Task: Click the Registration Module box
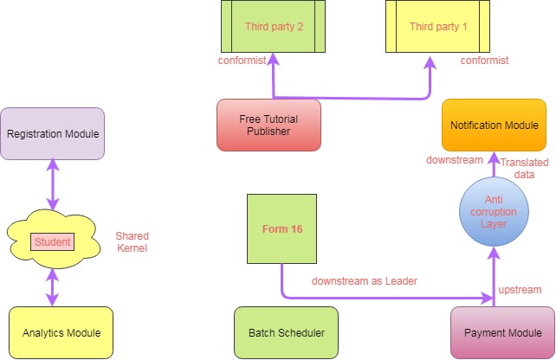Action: pos(53,133)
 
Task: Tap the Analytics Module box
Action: pos(61,332)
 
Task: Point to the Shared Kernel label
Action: pos(133,241)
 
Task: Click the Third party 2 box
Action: pos(274,27)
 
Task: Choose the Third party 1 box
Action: pos(438,27)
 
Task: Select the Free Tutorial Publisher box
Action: pos(268,125)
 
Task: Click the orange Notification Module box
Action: pos(494,125)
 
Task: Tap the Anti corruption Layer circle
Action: pos(494,212)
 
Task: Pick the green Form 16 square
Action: pos(281,228)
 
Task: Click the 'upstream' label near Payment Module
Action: pos(520,289)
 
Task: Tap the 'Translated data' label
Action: pos(525,168)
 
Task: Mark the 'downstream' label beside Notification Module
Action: pos(453,160)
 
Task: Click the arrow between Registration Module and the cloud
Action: pos(53,184)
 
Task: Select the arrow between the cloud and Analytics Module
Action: pos(53,286)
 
